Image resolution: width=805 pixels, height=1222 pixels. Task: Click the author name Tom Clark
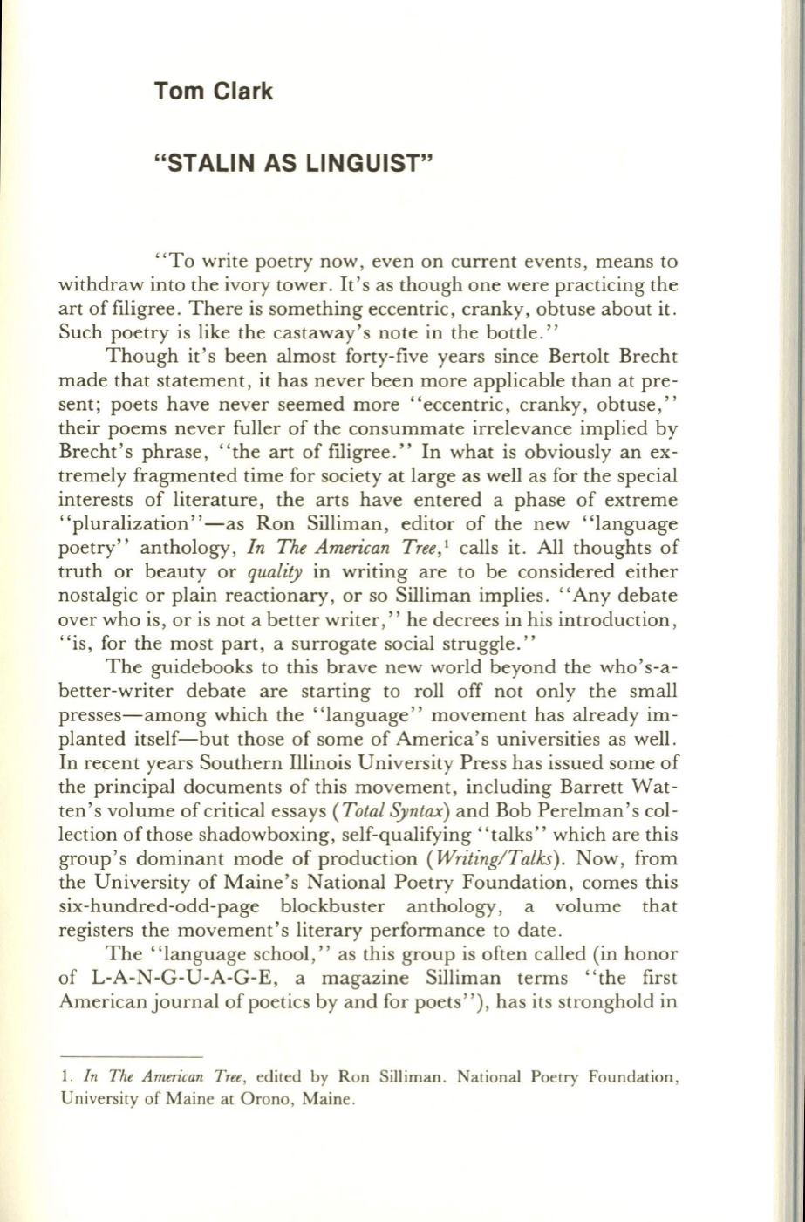[213, 91]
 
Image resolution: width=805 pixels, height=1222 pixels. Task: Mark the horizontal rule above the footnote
[131, 1054]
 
